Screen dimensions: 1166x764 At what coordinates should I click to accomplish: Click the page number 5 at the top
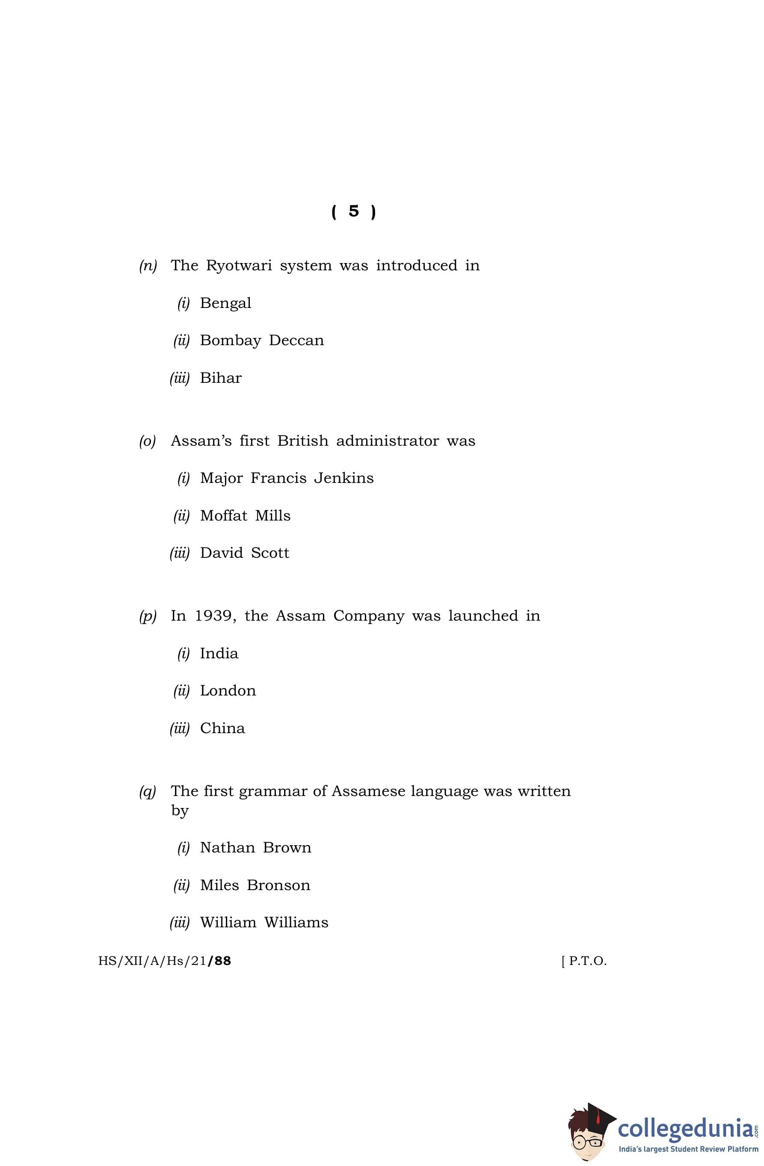pos(353,211)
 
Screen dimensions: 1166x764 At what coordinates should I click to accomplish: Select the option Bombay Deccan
pos(262,340)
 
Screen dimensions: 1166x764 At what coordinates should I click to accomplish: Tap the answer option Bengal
pos(225,303)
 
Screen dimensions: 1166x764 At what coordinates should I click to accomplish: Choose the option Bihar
pos(221,378)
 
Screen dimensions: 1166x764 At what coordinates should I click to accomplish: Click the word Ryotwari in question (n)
pos(239,266)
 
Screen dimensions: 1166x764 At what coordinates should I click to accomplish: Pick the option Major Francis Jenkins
pos(287,478)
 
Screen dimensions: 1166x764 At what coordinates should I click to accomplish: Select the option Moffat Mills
pos(245,516)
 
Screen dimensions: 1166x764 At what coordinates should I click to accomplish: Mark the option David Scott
pos(245,553)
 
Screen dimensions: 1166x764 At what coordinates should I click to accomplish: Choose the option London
pos(228,691)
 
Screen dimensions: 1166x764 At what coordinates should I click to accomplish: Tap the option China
pos(222,728)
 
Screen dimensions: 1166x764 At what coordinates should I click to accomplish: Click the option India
pos(219,654)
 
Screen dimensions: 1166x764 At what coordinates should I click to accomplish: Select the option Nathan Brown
pos(255,848)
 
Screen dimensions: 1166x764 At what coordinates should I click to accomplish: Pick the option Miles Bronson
pos(255,885)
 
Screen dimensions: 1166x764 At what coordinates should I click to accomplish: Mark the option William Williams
pos(264,923)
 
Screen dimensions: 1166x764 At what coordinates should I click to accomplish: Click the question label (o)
pos(148,441)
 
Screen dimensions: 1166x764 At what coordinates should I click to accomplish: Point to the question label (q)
pos(148,792)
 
